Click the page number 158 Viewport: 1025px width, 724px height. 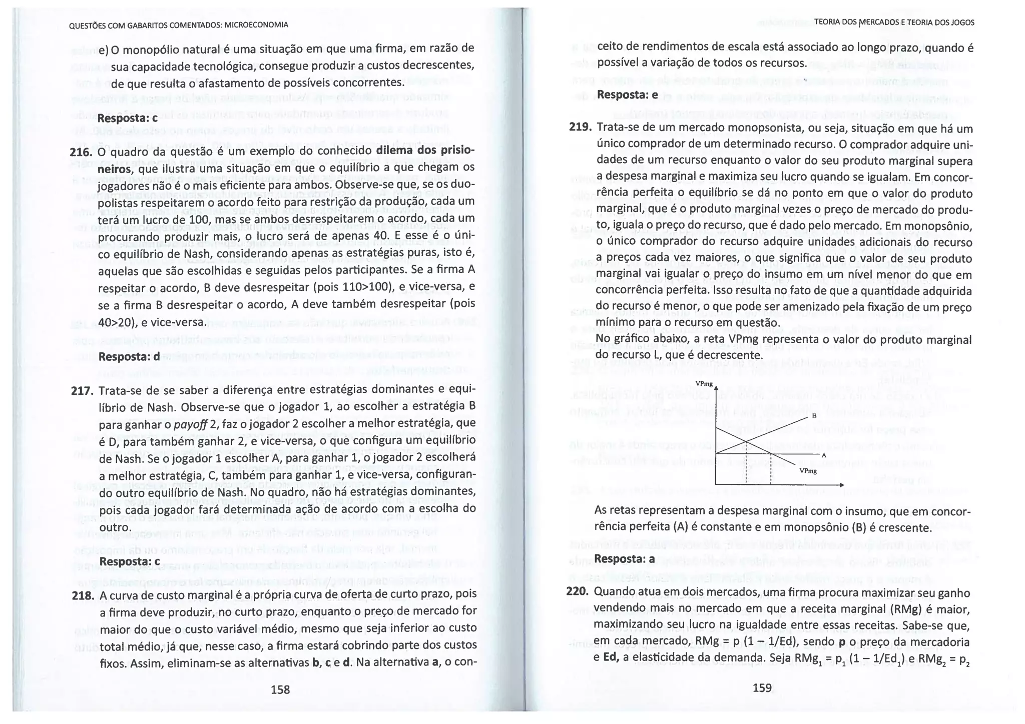tap(280, 689)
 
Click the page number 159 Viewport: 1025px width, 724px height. tap(762, 687)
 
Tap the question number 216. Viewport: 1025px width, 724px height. tap(81, 152)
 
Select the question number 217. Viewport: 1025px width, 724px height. tap(82, 391)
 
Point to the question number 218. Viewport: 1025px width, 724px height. tap(83, 596)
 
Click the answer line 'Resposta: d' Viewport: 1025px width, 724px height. tap(129, 357)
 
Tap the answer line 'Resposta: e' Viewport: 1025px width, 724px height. tap(627, 95)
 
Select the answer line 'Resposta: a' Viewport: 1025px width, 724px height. tap(624, 558)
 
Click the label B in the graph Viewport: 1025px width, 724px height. tap(814, 416)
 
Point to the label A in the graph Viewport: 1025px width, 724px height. tap(823, 455)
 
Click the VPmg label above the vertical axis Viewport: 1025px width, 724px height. tap(704, 384)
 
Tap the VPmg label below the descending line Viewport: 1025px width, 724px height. tap(808, 471)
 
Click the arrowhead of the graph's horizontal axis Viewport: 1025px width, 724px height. tap(842, 485)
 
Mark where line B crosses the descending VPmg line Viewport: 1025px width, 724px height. tap(746, 441)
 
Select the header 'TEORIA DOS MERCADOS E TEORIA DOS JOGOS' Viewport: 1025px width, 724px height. tap(894, 23)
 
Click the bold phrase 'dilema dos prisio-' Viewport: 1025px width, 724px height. tap(425, 151)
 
